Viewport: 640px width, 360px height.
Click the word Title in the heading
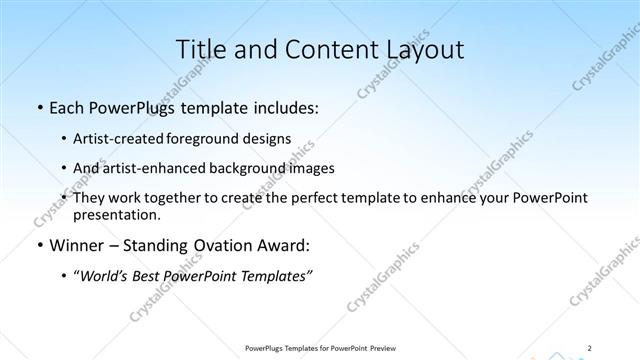(x=200, y=50)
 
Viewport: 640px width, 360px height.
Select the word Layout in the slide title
(x=419, y=50)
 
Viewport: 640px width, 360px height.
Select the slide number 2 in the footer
(x=590, y=347)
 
